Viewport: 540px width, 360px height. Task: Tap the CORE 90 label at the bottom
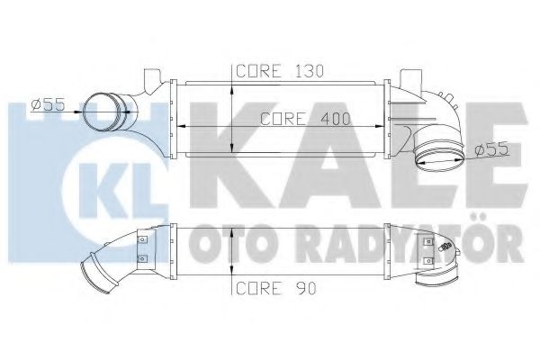click(x=267, y=288)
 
